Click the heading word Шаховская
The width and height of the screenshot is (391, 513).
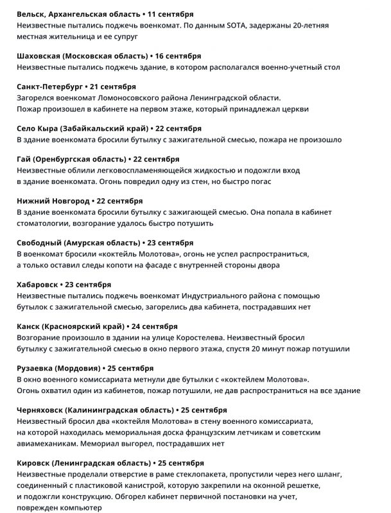[x=40, y=56]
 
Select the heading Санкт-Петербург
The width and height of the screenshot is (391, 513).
[x=49, y=87]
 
